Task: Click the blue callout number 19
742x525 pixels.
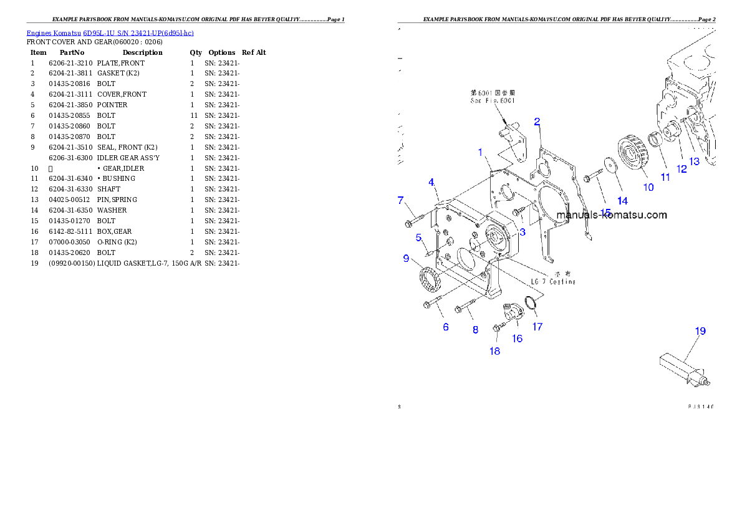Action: tap(700, 331)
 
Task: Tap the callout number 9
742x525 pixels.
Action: tap(406, 258)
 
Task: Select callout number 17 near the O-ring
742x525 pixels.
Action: tap(537, 326)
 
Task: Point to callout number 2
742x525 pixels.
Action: tap(536, 122)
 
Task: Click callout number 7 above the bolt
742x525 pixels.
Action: tap(401, 200)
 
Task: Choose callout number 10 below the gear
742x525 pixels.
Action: tap(648, 186)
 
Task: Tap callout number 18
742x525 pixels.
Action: tap(494, 351)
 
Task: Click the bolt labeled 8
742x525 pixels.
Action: tap(465, 306)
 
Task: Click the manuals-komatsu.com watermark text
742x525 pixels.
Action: tap(611, 215)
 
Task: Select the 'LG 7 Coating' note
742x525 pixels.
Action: tap(552, 282)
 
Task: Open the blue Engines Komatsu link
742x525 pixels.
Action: tap(110, 32)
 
